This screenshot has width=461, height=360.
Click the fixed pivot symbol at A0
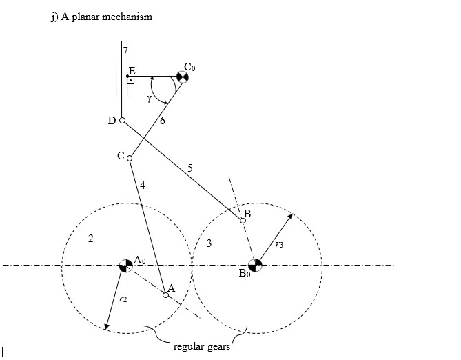pyautogui.click(x=125, y=265)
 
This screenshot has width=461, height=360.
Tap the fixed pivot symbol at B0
pyautogui.click(x=256, y=265)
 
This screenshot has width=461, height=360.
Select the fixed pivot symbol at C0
pyautogui.click(x=181, y=77)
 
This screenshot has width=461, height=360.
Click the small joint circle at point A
pyautogui.click(x=166, y=294)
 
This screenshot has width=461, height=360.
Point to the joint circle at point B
pyautogui.click(x=243, y=221)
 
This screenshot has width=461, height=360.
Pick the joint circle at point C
pyautogui.click(x=130, y=158)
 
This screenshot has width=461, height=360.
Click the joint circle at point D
pyautogui.click(x=122, y=121)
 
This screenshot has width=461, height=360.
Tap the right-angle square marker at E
pyautogui.click(x=130, y=80)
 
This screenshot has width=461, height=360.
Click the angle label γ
pyautogui.click(x=149, y=99)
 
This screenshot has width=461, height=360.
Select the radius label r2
pyautogui.click(x=122, y=299)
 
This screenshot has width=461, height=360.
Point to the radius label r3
pyautogui.click(x=278, y=244)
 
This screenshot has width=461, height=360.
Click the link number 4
pyautogui.click(x=142, y=185)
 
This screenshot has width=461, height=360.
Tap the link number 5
pyautogui.click(x=190, y=168)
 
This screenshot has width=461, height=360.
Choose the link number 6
pyautogui.click(x=163, y=121)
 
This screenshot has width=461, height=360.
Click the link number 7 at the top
pyautogui.click(x=125, y=51)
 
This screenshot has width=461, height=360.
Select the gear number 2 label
pyautogui.click(x=90, y=239)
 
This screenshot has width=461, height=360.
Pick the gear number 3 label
pyautogui.click(x=209, y=243)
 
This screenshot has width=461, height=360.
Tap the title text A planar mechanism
pyautogui.click(x=101, y=17)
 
